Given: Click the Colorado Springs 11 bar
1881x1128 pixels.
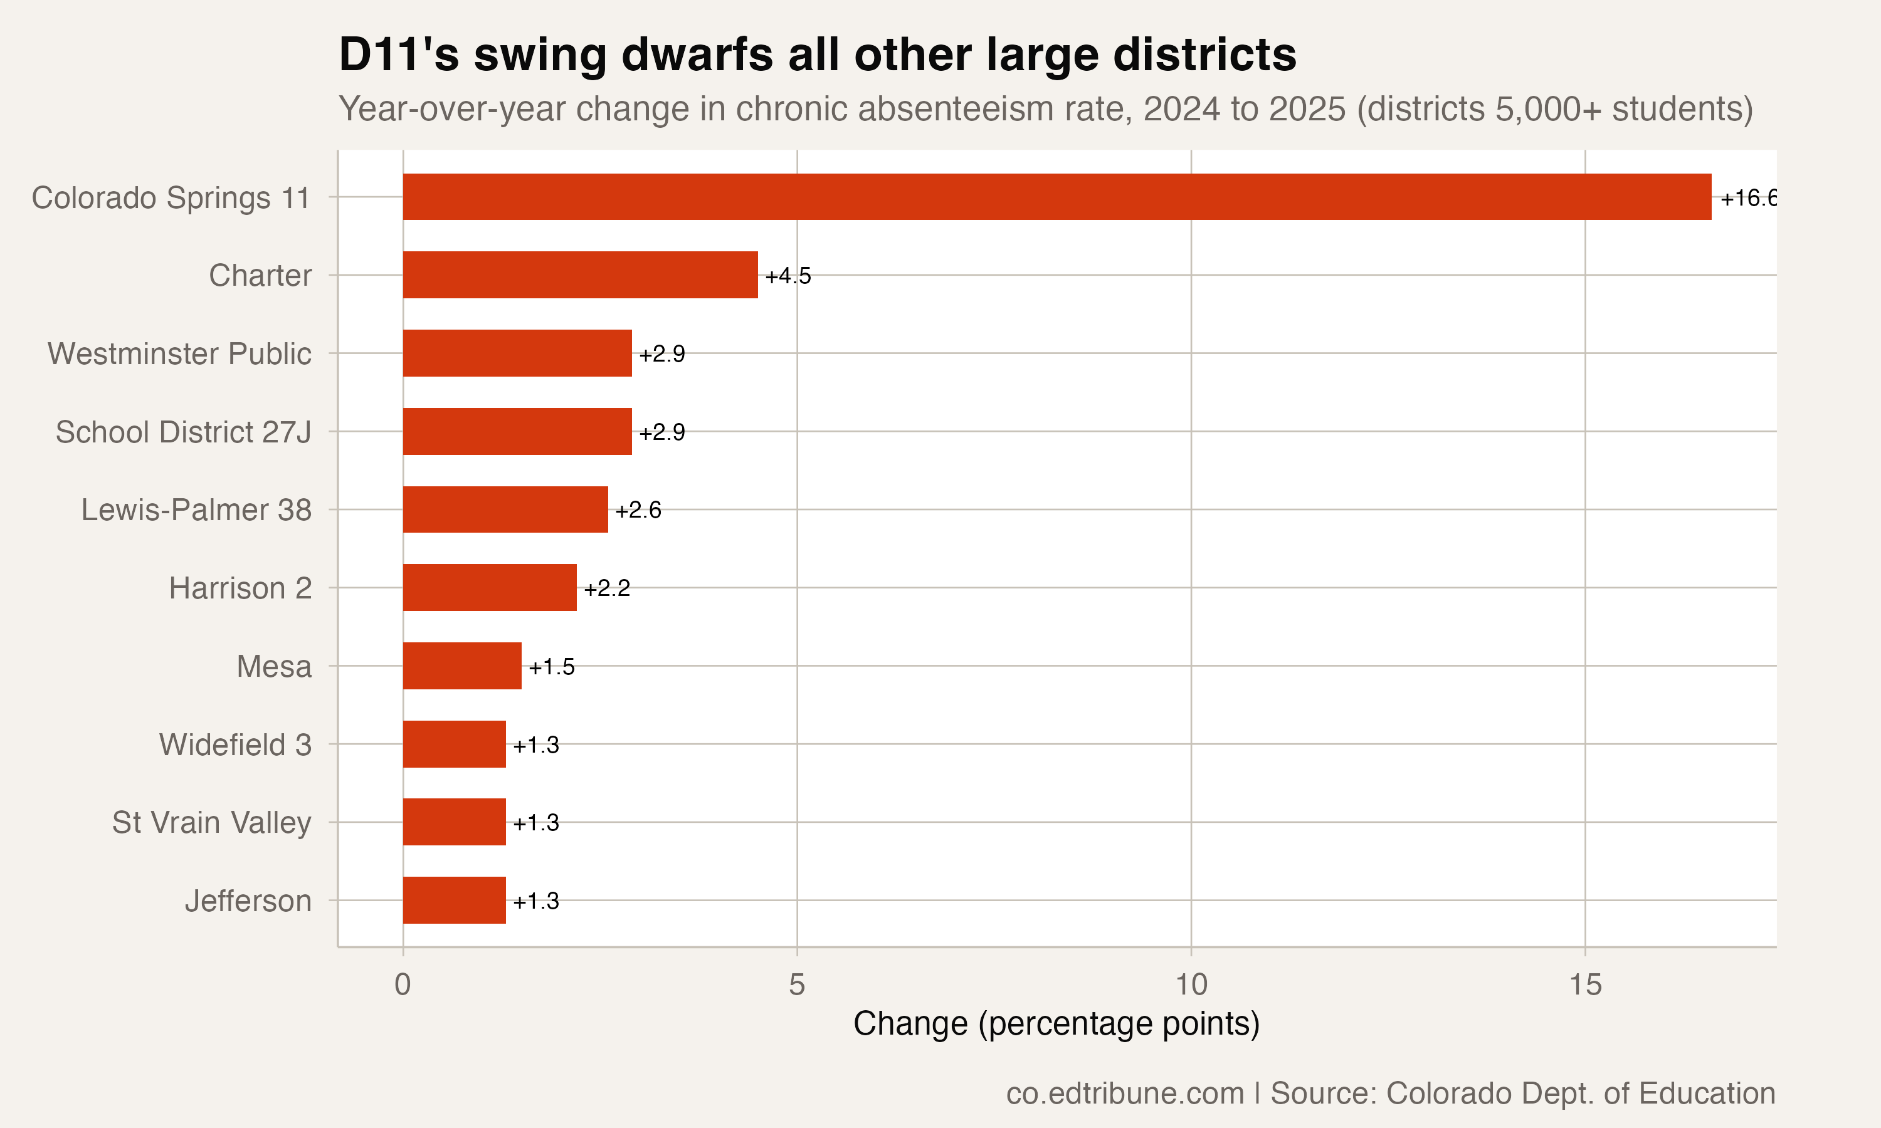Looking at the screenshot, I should [x=1057, y=197].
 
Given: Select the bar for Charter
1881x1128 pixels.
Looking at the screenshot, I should [x=580, y=274].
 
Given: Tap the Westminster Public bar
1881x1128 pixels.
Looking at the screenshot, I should [x=517, y=353].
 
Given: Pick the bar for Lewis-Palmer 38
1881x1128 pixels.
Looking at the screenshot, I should [x=505, y=509].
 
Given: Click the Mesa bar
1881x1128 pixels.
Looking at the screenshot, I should [x=461, y=666].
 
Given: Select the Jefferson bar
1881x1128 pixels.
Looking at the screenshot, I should [x=454, y=900].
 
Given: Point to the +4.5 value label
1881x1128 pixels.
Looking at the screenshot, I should [x=788, y=276].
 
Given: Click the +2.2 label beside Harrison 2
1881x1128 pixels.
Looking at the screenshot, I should [x=607, y=588].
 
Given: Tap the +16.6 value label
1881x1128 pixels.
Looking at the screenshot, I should [x=1747, y=199].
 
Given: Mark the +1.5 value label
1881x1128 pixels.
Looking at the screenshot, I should [x=551, y=667].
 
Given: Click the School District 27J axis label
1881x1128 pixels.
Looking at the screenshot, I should [x=183, y=432].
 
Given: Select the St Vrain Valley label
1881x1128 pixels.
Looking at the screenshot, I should [x=211, y=822].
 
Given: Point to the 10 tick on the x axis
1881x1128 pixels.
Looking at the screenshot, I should [x=1191, y=984].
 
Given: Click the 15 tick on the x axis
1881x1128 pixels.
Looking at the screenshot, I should [x=1585, y=984].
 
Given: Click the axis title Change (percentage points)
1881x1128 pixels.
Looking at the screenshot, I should [x=1056, y=1023].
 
